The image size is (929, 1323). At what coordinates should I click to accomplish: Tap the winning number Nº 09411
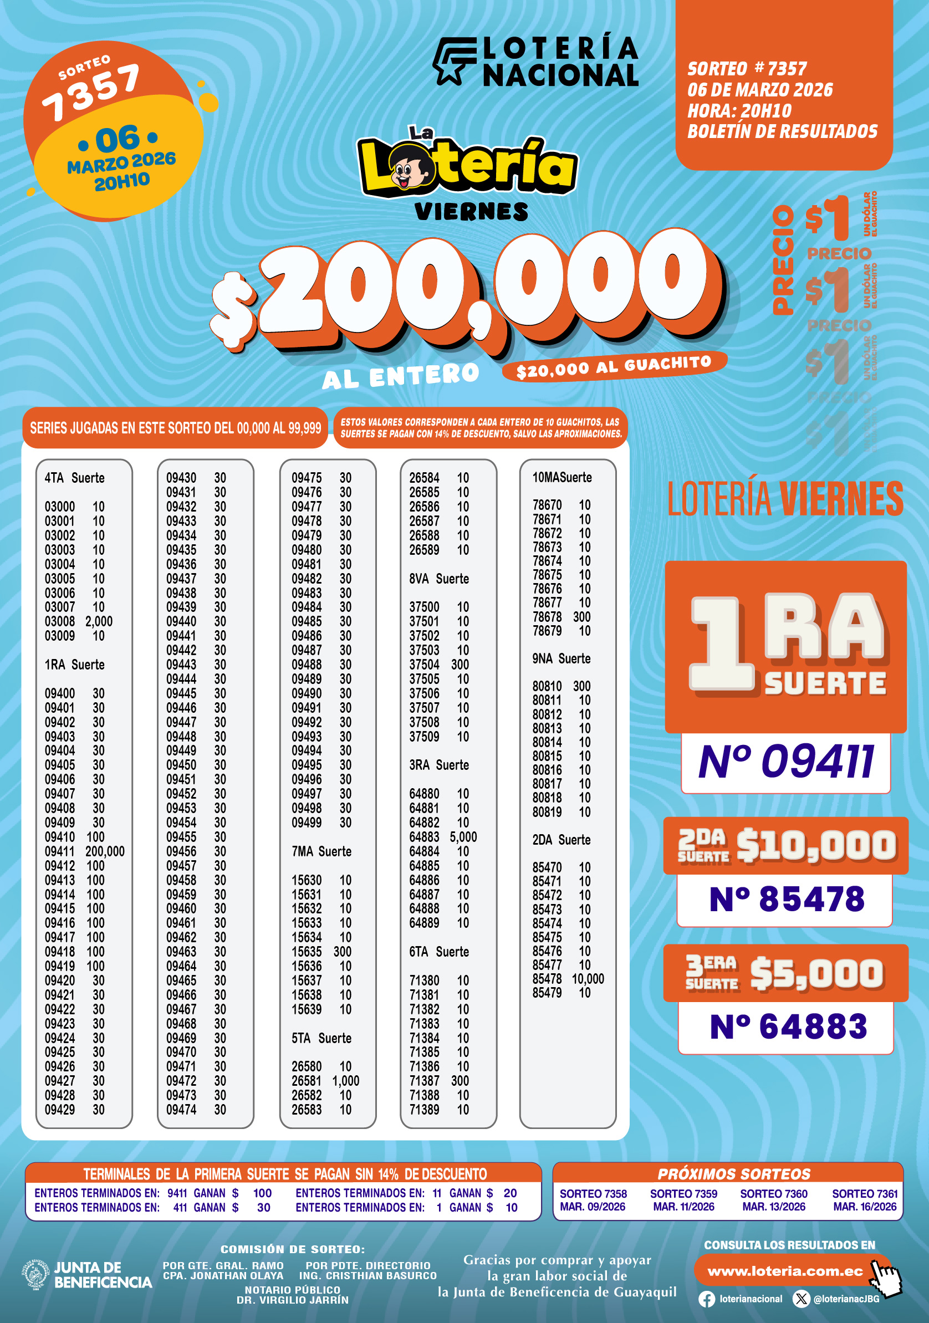(x=786, y=762)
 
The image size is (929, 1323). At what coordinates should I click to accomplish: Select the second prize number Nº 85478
(x=786, y=899)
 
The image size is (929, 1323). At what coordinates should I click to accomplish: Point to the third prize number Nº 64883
(x=787, y=1026)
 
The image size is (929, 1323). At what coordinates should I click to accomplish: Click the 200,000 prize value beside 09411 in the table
(x=105, y=852)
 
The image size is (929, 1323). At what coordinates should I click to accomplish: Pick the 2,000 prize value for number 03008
(x=99, y=622)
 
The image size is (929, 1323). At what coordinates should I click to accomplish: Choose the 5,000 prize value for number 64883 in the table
(x=463, y=837)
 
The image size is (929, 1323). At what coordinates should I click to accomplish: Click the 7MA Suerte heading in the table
(x=321, y=852)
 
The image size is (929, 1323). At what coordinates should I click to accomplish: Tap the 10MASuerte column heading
(x=562, y=478)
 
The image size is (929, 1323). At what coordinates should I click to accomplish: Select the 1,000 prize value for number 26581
(x=345, y=1081)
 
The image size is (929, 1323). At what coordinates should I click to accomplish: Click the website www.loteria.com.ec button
(x=784, y=1271)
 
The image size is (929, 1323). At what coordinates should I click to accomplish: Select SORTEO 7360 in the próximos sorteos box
(x=773, y=1194)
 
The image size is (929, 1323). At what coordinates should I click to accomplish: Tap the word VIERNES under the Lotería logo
(x=471, y=212)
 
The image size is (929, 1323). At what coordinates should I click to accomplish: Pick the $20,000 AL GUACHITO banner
(x=614, y=367)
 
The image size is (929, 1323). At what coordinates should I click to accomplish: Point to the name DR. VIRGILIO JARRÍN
(x=292, y=1300)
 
